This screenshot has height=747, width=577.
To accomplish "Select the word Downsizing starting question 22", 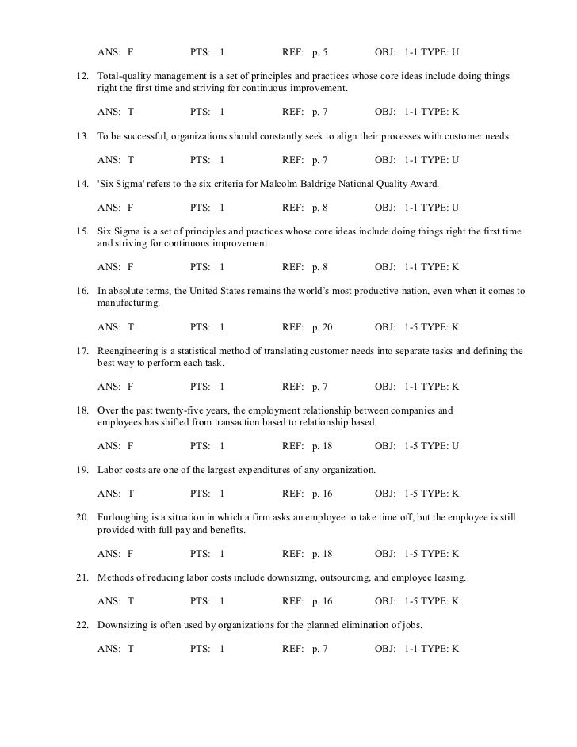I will pos(124,624).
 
